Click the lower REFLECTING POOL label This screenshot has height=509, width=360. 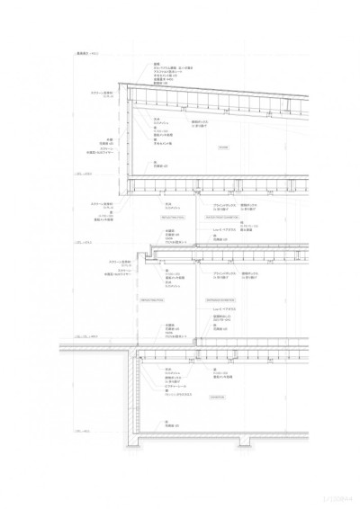(150, 299)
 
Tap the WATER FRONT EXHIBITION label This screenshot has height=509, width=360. (222, 217)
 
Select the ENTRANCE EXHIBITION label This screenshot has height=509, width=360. (220, 299)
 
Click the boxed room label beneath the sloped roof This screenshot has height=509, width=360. (223, 147)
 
